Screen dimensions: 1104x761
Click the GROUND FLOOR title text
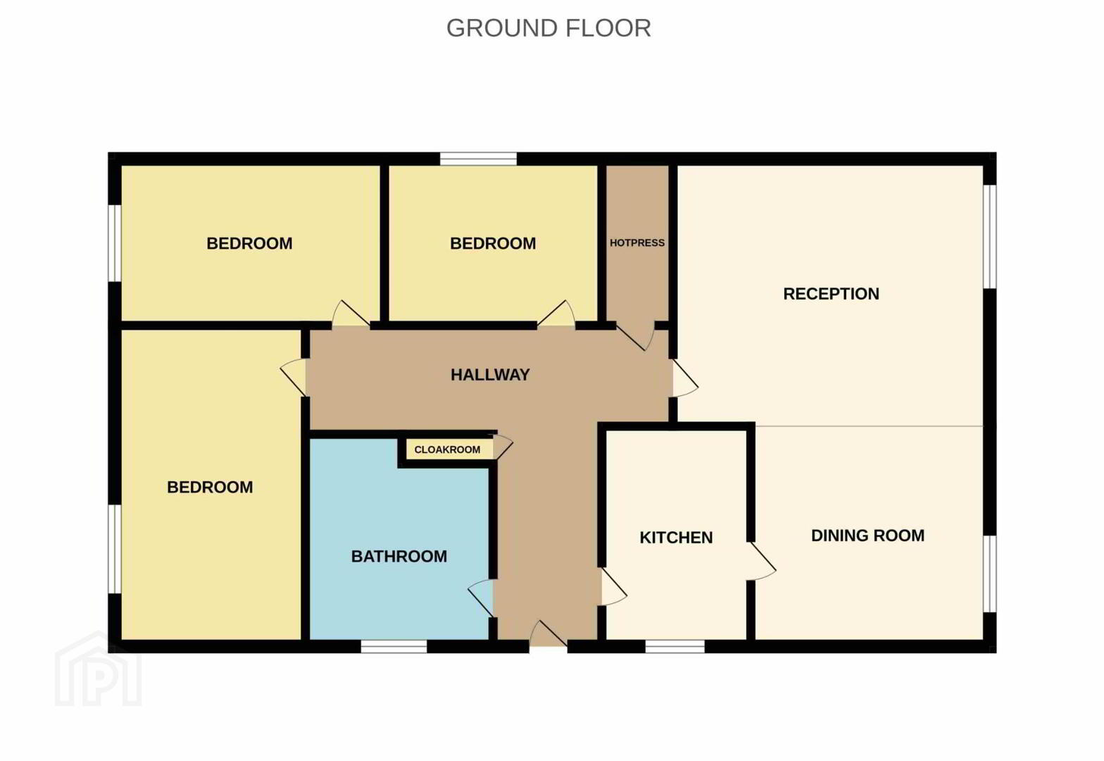coord(548,28)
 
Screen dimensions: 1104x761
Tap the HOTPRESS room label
coord(636,242)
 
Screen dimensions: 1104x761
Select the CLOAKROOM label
coord(447,450)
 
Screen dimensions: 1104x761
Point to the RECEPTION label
coord(831,294)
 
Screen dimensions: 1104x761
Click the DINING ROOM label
coord(867,536)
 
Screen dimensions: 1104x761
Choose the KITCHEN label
coord(676,538)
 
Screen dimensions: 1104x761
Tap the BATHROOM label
coord(399,557)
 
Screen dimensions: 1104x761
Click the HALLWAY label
coord(490,375)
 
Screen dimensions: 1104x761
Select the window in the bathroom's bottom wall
coord(394,647)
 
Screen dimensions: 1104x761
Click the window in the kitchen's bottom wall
coord(675,647)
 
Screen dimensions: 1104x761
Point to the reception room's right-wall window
coord(990,237)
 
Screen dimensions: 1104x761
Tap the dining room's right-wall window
coord(990,574)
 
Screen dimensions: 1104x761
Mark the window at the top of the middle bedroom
coord(478,159)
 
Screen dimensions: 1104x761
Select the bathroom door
coord(480,598)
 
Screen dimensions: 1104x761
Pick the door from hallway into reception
coord(685,378)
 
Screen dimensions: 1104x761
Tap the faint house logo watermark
coord(99,669)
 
